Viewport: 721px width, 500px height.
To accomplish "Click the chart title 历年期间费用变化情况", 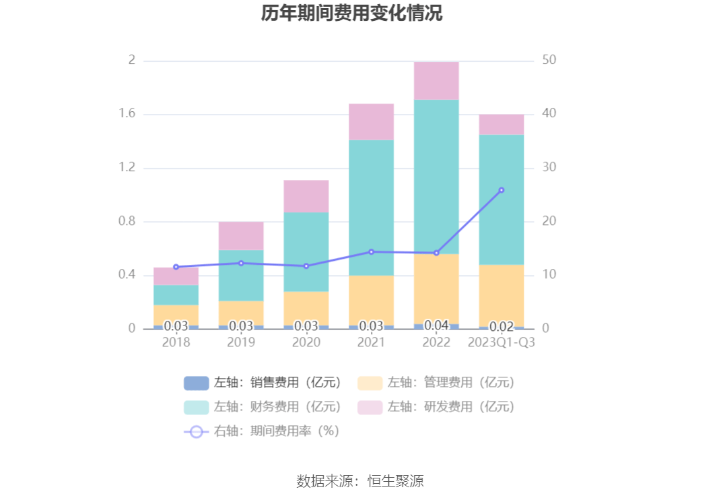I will pos(352,13).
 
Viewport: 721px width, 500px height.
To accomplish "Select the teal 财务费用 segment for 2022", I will pos(436,177).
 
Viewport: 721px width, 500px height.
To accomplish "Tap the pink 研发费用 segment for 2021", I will pos(371,121).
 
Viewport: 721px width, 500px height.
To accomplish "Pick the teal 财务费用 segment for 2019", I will pos(241,275).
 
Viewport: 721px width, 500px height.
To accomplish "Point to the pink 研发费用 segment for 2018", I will pos(176,276).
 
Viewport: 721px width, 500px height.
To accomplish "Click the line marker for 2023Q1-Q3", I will pos(501,190).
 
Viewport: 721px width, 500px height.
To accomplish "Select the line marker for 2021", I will pos(371,252).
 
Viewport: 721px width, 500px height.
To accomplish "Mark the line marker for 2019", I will pos(241,263).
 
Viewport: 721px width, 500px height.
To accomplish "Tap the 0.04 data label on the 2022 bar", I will pos(436,325).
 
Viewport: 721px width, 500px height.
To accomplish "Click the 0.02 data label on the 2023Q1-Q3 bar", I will pos(501,326).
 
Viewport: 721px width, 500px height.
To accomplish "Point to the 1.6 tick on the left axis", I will pos(127,114).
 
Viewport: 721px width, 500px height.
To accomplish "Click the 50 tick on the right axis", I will pos(549,60).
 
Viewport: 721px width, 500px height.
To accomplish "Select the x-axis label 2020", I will pos(306,342).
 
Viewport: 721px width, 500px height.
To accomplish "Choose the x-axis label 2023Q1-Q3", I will pos(501,342).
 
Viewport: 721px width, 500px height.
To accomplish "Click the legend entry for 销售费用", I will pos(263,383).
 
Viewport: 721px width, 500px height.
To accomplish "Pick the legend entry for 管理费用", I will pos(437,383).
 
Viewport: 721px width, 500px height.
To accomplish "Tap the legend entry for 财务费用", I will pos(263,407).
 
